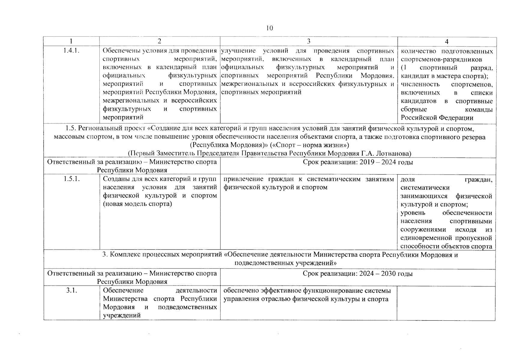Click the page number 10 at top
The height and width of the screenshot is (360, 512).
point(269,28)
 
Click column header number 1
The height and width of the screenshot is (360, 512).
point(71,41)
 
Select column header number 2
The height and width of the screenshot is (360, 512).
point(159,41)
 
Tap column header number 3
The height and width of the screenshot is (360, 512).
point(308,41)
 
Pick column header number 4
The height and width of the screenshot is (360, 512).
point(447,42)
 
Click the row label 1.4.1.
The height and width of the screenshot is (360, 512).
point(71,51)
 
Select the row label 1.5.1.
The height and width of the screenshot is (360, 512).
point(71,179)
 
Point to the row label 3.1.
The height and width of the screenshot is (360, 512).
point(71,290)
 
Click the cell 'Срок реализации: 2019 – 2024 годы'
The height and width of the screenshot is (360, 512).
point(358,162)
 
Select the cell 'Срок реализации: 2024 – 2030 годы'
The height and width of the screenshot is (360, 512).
point(358,274)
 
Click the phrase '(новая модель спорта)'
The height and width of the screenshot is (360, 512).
point(137,204)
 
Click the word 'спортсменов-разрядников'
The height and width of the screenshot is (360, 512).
point(441,59)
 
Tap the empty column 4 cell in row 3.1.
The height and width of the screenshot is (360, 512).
point(446,303)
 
